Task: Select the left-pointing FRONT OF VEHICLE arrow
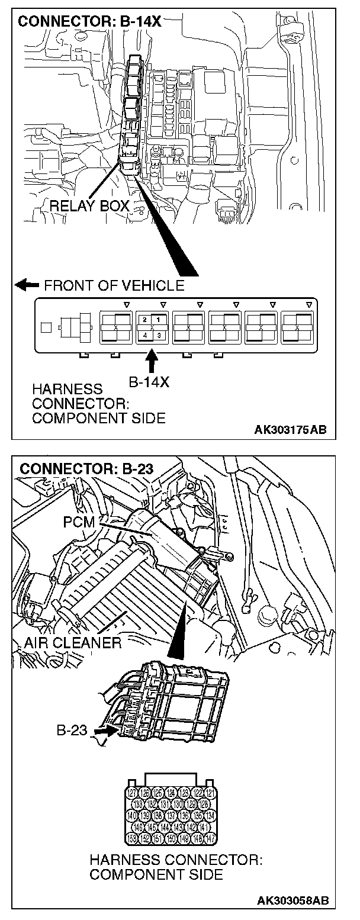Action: click(x=27, y=285)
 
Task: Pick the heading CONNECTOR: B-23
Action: click(x=86, y=469)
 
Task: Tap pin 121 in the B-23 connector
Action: click(x=211, y=792)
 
